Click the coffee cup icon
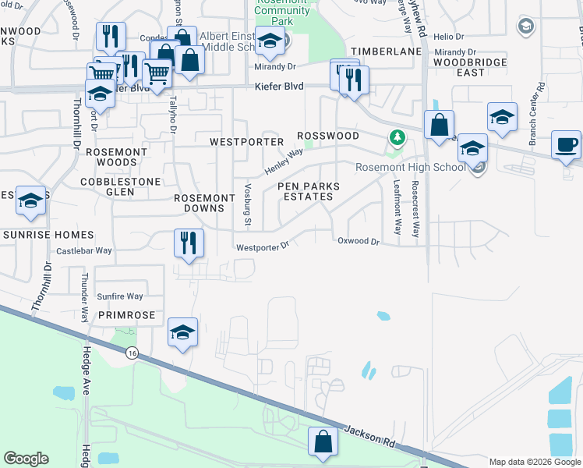click(x=566, y=144)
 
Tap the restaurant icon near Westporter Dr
click(x=189, y=242)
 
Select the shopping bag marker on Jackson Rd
click(x=323, y=441)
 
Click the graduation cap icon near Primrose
click(x=182, y=332)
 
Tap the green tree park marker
click(x=397, y=138)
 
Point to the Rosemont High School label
click(x=411, y=167)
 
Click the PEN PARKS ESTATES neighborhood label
click(x=306, y=191)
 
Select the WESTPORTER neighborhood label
click(x=247, y=142)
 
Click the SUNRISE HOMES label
click(x=48, y=235)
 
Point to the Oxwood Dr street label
click(x=358, y=242)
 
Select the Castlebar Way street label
click(x=84, y=251)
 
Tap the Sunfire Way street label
click(x=120, y=296)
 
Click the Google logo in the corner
click(x=26, y=459)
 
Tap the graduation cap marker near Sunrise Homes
click(x=30, y=201)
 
